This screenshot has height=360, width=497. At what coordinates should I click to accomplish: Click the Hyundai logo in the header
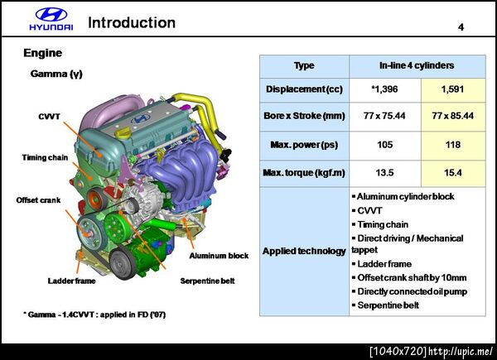[x=51, y=19]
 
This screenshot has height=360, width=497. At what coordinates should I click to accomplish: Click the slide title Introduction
[x=132, y=22]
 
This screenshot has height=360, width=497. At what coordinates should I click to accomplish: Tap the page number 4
[x=461, y=27]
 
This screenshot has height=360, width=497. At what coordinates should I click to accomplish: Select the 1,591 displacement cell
[x=453, y=89]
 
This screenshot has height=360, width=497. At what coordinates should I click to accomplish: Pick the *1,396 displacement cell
[x=385, y=89]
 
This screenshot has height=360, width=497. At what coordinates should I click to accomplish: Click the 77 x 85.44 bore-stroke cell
[x=453, y=116]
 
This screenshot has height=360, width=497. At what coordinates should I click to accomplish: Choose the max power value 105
[x=385, y=145]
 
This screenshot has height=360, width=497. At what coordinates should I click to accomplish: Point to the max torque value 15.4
[x=453, y=173]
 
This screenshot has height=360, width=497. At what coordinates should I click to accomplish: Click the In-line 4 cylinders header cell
[x=417, y=66]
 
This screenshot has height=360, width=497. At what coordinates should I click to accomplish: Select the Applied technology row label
[x=304, y=251]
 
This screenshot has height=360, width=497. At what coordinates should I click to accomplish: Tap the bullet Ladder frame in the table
[x=382, y=264]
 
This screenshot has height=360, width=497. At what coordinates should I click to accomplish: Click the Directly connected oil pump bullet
[x=409, y=291]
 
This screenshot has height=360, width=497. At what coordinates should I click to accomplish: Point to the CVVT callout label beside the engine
[x=49, y=117]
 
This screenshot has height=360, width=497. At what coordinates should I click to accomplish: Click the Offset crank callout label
[x=38, y=200]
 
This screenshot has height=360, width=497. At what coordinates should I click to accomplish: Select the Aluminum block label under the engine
[x=219, y=256]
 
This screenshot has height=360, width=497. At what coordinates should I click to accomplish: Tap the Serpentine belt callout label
[x=208, y=281]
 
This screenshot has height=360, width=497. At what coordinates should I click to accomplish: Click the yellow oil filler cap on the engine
[x=122, y=132]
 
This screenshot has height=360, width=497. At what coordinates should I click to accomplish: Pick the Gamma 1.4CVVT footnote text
[x=94, y=314]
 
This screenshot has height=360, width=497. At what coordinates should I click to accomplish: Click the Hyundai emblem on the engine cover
[x=141, y=118]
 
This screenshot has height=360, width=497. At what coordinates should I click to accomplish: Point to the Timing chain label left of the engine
[x=45, y=158]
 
